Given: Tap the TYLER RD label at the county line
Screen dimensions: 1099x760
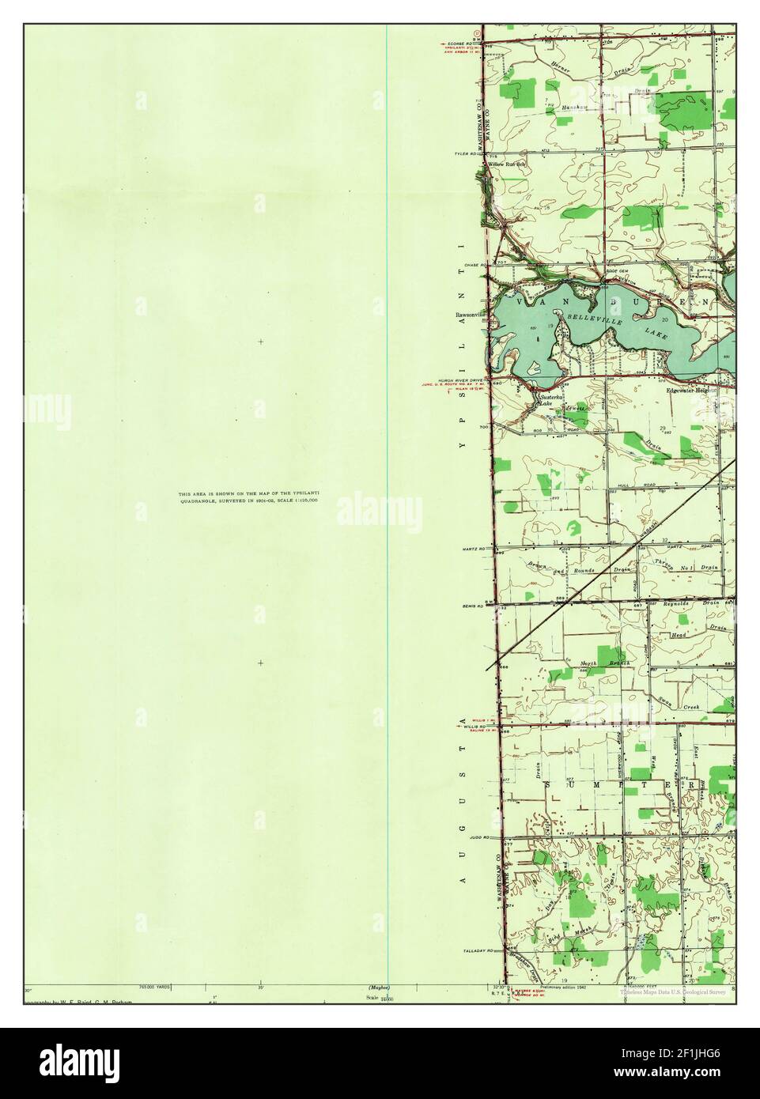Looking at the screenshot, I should coord(466,154).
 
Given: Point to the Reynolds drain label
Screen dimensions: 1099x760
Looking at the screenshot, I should coord(677,603).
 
